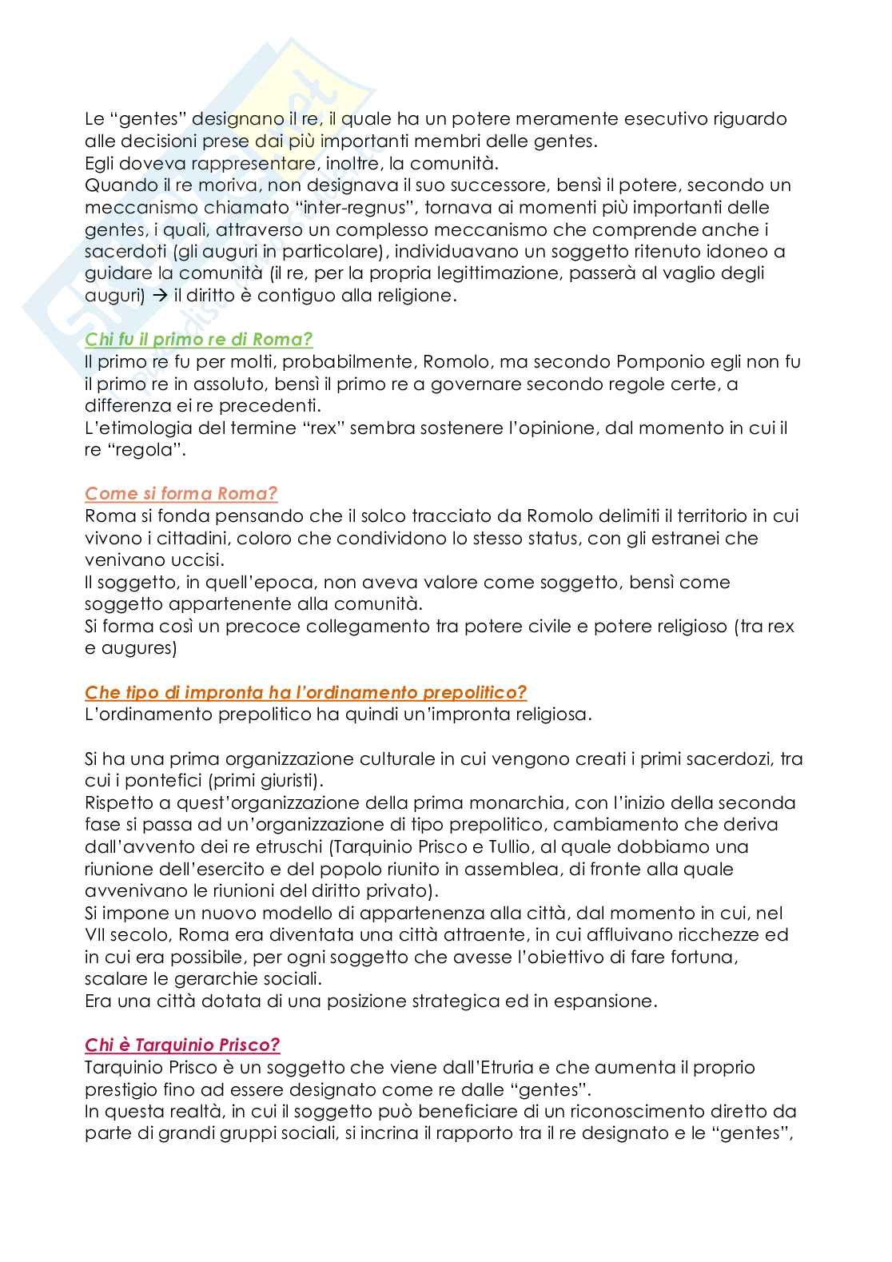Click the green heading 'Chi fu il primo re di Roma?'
198,340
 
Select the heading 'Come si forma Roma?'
181,494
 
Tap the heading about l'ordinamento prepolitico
305,693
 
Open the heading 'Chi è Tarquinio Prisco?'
182,1045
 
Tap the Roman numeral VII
97,935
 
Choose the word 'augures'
135,648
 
